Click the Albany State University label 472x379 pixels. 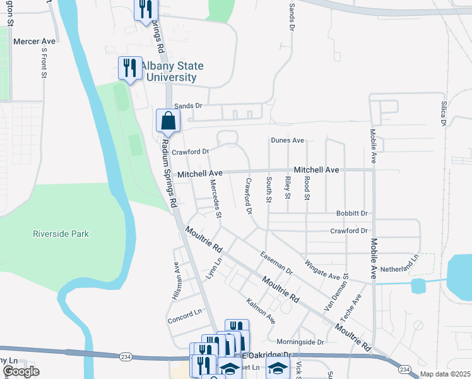click(168, 71)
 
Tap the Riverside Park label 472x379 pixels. click(61, 234)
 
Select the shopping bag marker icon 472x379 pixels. click(168, 120)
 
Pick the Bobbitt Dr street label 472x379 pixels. click(352, 214)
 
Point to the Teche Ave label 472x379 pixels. click(357, 307)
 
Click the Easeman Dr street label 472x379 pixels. click(276, 262)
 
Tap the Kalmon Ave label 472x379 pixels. click(261, 311)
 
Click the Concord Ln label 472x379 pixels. click(184, 316)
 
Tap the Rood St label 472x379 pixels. click(307, 188)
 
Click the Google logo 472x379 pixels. click(21, 371)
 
